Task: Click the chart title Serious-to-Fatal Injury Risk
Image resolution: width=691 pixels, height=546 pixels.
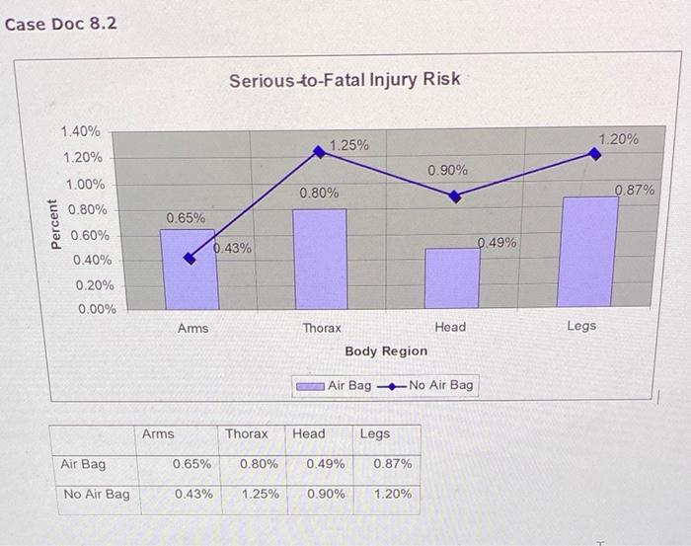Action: (x=345, y=79)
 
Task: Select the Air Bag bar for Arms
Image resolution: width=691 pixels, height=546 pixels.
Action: (x=189, y=269)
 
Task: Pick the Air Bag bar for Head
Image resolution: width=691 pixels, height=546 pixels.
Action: (x=452, y=277)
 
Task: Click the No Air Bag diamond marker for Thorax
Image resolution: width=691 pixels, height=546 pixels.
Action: (x=319, y=152)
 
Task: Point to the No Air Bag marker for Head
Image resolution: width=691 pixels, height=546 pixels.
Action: (x=454, y=196)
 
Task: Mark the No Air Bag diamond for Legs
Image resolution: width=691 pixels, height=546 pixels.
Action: (x=594, y=153)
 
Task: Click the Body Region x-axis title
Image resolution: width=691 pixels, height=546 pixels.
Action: (x=386, y=351)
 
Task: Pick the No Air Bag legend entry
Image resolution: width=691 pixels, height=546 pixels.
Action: (x=430, y=385)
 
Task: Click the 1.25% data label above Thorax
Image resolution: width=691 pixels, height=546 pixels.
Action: (x=349, y=145)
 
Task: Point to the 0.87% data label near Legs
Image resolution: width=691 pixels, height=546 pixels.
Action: (x=635, y=190)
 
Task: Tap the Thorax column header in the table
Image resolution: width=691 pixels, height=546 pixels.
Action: (x=246, y=433)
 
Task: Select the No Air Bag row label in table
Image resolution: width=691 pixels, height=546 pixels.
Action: (x=96, y=494)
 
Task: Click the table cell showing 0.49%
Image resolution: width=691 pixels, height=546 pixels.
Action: (x=325, y=464)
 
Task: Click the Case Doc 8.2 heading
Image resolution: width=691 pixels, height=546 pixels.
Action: (x=60, y=23)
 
